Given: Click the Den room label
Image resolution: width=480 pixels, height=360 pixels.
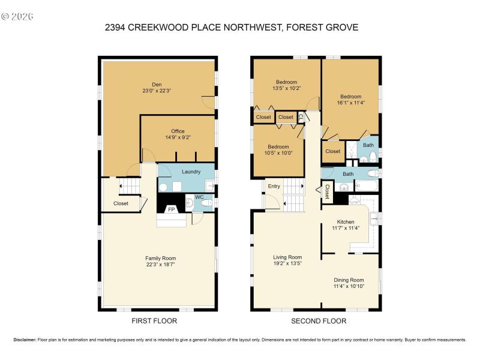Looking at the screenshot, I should click(157, 84).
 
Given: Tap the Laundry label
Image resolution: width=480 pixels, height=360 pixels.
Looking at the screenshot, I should click(191, 172).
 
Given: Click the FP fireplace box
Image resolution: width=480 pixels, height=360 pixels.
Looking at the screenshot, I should click(171, 209).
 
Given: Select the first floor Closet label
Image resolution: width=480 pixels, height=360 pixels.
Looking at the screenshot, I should click(121, 203).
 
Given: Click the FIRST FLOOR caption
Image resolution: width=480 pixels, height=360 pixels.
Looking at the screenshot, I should click(154, 321).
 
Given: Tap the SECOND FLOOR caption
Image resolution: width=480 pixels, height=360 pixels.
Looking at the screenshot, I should click(319, 321).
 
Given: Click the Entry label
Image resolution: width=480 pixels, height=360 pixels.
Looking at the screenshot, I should click(274, 186).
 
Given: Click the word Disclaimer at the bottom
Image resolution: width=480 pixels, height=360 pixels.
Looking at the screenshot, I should click(25, 340).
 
